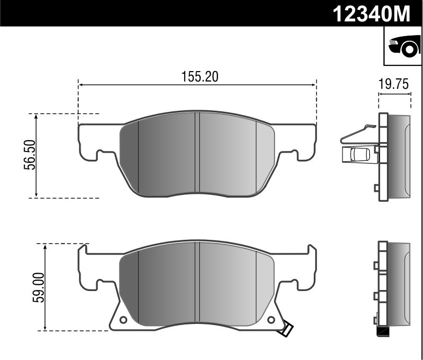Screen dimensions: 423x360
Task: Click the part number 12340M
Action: [x=371, y=14]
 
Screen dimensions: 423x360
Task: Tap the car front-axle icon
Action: [x=404, y=46]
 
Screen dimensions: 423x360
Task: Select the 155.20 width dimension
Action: [x=200, y=77]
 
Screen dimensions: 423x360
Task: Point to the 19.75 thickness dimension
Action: [x=394, y=84]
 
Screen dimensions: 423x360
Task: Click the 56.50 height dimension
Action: [x=30, y=155]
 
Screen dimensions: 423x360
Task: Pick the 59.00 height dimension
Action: [x=38, y=287]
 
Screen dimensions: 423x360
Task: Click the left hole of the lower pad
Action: [x=123, y=320]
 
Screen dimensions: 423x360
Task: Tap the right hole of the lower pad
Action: [x=271, y=320]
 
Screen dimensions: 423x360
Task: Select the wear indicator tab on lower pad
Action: [x=287, y=329]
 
